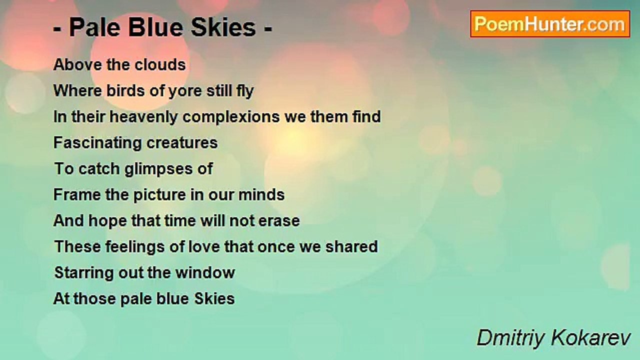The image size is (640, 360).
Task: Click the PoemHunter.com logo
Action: click(x=550, y=24)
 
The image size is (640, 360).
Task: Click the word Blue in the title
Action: click(x=155, y=27)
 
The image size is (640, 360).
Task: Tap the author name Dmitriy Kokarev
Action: click(x=553, y=338)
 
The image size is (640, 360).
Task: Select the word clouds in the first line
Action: click(x=160, y=64)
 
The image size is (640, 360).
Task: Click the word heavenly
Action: click(x=143, y=117)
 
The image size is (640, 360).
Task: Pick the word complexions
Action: click(x=231, y=117)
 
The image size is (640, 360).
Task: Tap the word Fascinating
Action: click(x=97, y=143)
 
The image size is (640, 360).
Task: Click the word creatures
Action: click(x=182, y=143)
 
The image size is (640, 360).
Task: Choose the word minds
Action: click(x=261, y=195)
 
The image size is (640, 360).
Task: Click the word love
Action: click(x=203, y=246)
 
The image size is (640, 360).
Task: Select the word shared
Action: click(x=351, y=246)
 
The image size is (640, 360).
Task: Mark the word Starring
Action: click(x=84, y=273)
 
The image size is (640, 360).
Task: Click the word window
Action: click(x=205, y=272)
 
